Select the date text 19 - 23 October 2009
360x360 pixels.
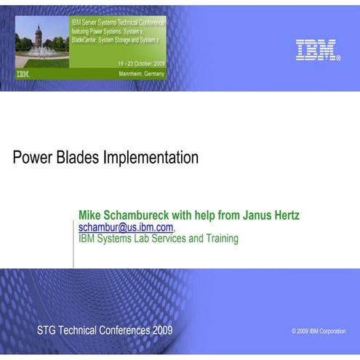click(141, 63)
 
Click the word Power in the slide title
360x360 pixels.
click(31, 157)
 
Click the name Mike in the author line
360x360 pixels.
click(92, 215)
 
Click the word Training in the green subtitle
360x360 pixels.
click(218, 238)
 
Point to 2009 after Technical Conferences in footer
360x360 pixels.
click(163, 330)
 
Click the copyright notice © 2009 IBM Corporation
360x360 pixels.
click(319, 331)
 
